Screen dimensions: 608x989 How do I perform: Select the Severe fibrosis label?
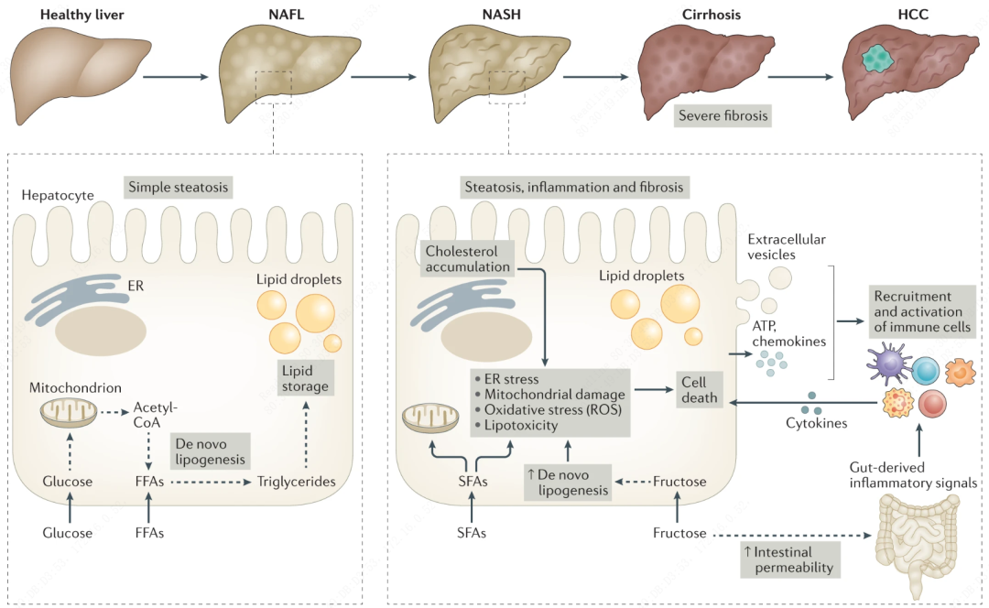(x=722, y=117)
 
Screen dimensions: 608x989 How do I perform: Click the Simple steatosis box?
(x=177, y=189)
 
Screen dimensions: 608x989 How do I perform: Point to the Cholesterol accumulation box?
(x=466, y=257)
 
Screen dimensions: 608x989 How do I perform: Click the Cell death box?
(x=698, y=390)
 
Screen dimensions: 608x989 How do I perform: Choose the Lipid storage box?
(x=304, y=376)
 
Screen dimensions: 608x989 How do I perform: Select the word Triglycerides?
(x=296, y=481)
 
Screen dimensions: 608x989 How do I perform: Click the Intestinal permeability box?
(x=790, y=559)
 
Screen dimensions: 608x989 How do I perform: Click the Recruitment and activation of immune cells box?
(x=922, y=312)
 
